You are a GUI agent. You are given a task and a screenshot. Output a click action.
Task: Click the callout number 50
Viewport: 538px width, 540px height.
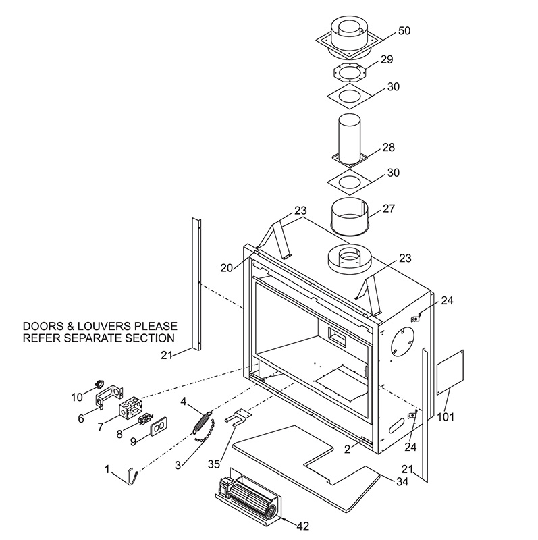pos(404,30)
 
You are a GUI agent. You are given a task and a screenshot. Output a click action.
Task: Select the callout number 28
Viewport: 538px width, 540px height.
pos(388,147)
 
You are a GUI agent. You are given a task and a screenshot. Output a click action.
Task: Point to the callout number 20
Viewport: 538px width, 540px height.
pos(227,267)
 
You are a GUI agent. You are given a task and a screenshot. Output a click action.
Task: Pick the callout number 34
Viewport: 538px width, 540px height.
pos(402,481)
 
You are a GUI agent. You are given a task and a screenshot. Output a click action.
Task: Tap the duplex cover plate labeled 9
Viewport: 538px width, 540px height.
pos(159,427)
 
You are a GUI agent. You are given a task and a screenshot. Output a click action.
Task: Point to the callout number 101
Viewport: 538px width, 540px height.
pos(446,417)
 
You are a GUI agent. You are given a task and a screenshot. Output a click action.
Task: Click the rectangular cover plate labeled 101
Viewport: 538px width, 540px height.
pos(450,373)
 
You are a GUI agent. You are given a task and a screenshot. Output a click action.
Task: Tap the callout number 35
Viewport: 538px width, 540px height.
pos(213,464)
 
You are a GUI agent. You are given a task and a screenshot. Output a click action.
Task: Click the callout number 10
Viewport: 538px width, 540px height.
pos(77,398)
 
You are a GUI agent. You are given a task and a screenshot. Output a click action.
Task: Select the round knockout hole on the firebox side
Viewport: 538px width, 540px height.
pos(402,342)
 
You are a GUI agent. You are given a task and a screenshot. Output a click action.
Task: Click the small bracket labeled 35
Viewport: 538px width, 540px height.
pos(238,416)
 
